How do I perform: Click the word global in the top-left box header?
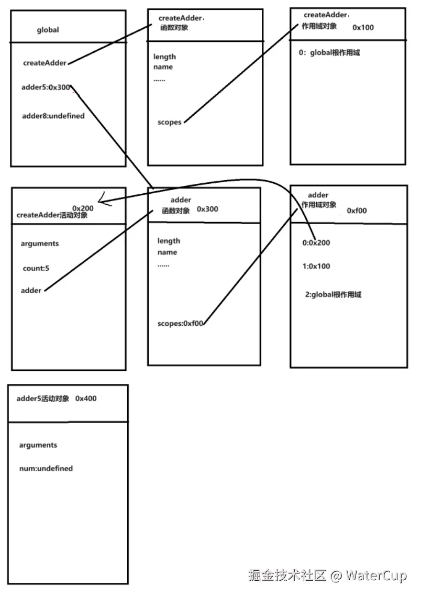click(x=48, y=30)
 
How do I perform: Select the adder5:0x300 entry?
click(x=46, y=87)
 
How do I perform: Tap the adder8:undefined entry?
click(x=53, y=116)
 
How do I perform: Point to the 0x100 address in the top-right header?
click(x=363, y=27)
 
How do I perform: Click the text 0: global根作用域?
click(x=328, y=53)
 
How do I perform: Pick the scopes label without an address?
click(x=169, y=122)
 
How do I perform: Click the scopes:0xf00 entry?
click(x=180, y=323)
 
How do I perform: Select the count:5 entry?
click(x=36, y=268)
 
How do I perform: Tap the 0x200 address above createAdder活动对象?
click(x=83, y=208)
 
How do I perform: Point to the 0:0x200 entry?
click(x=316, y=242)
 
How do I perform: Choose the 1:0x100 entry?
click(x=316, y=266)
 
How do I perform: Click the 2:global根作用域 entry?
click(x=333, y=294)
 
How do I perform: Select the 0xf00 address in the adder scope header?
click(x=357, y=211)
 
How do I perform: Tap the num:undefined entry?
click(x=46, y=468)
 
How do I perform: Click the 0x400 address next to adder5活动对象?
click(x=86, y=399)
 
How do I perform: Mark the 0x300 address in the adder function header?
click(x=207, y=209)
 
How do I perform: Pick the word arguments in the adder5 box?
click(x=38, y=445)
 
